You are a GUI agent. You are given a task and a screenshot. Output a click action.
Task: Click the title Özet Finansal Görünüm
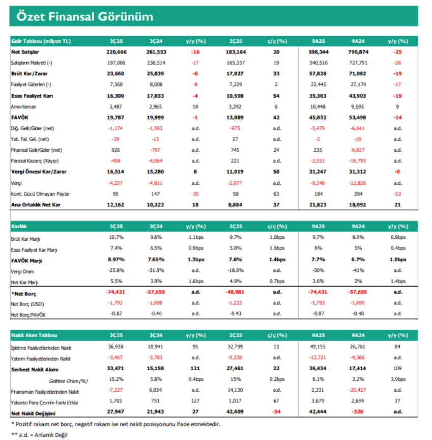click(x=85, y=17)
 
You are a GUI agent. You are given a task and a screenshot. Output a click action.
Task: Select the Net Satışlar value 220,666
click(x=117, y=52)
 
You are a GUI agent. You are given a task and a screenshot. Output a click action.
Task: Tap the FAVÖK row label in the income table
click(x=20, y=118)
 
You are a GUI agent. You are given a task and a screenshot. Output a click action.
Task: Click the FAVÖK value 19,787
click(x=116, y=118)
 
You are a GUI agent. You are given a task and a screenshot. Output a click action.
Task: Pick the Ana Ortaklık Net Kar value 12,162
click(x=116, y=205)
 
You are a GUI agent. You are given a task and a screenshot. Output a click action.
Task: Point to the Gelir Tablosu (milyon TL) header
click(x=41, y=41)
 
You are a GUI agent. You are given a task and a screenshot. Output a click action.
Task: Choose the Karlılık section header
click(x=19, y=227)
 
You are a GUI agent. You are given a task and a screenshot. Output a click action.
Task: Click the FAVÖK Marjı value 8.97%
click(x=116, y=260)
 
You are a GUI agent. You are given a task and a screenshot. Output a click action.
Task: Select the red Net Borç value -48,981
click(x=235, y=292)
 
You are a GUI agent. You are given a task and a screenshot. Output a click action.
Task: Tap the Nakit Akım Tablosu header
click(x=34, y=335)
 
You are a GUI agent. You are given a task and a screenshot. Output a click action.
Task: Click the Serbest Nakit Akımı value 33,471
click(x=116, y=368)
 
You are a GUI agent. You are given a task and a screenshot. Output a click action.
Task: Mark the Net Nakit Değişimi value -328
click(x=357, y=411)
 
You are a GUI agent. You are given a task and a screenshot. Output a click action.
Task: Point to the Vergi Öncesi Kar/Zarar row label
click(x=39, y=172)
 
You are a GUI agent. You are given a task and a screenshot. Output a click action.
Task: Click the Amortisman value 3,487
click(x=116, y=106)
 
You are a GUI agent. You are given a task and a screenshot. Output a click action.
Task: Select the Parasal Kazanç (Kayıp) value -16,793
click(x=357, y=161)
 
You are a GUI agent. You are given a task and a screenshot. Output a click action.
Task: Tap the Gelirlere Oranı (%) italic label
click(x=68, y=381)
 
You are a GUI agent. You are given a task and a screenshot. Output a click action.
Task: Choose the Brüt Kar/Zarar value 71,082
click(x=357, y=74)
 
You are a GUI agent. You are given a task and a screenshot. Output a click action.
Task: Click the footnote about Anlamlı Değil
click(x=40, y=435)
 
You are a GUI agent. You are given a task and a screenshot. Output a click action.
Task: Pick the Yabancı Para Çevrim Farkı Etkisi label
click(x=44, y=403)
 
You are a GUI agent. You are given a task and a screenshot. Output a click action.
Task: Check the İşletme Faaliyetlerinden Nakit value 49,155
click(x=318, y=347)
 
